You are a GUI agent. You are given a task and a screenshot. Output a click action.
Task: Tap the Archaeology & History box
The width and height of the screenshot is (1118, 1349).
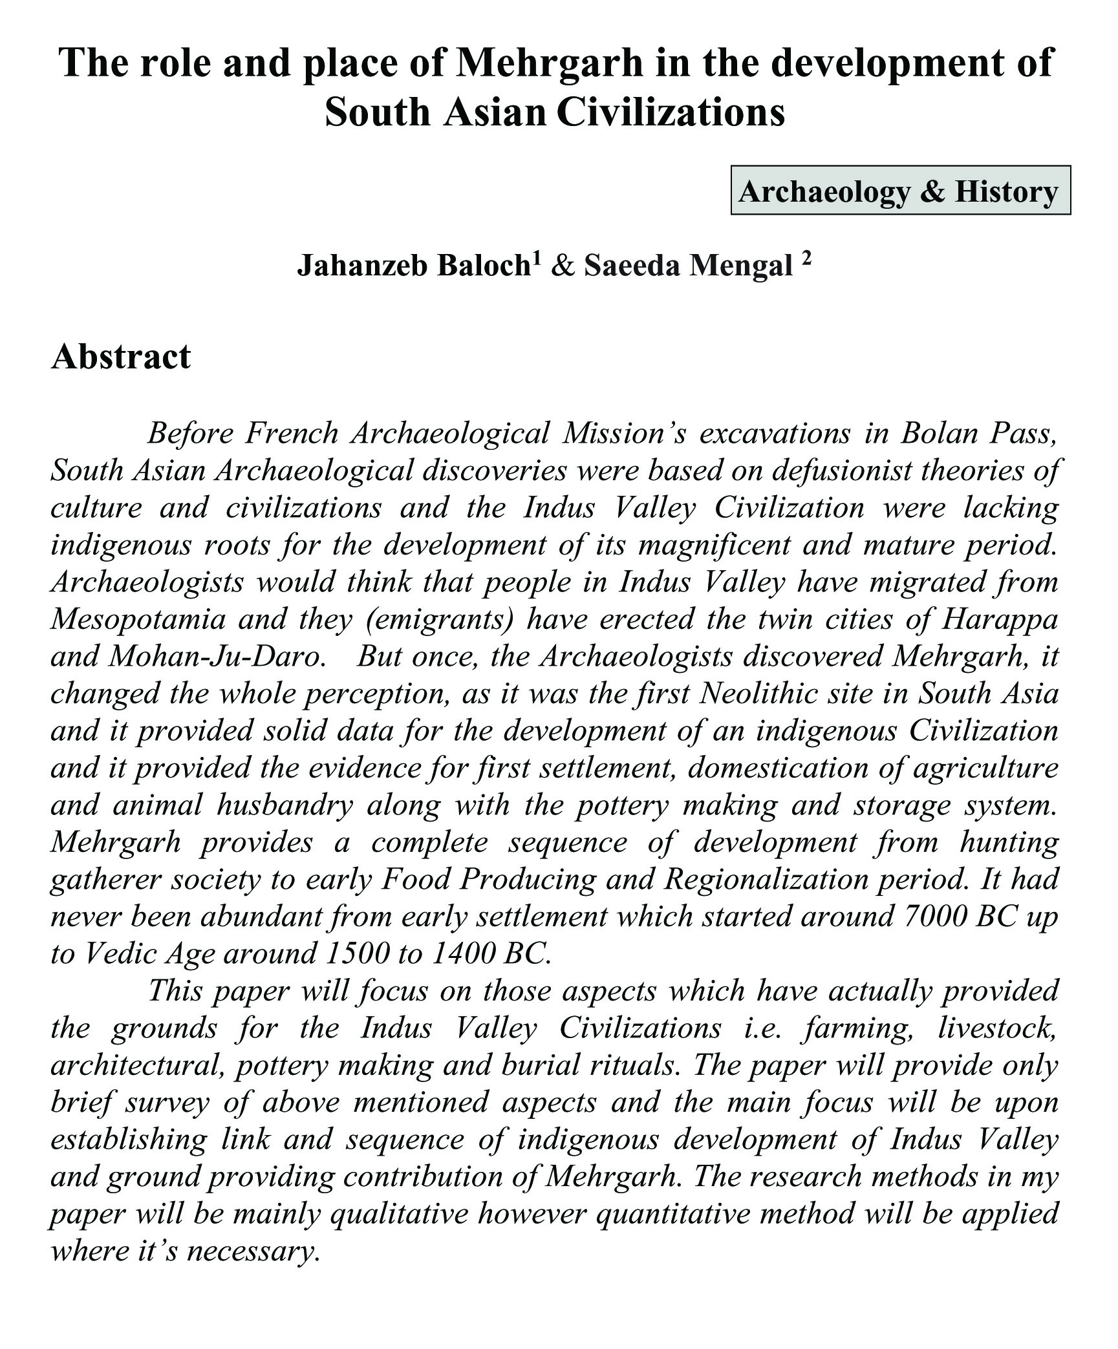coord(900,191)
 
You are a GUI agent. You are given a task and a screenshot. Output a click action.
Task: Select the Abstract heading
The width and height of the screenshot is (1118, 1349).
coord(121,357)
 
